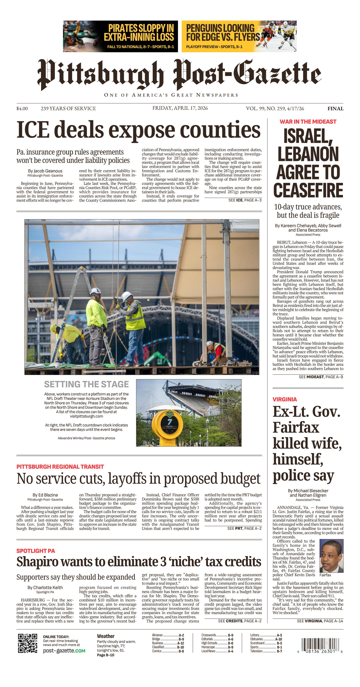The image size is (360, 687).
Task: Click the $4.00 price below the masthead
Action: (22, 109)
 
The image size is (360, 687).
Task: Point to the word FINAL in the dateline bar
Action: (335, 109)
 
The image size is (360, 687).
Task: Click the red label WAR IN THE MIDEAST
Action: (308, 122)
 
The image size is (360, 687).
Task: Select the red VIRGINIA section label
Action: (285, 399)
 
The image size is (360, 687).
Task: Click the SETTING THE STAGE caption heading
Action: (86, 384)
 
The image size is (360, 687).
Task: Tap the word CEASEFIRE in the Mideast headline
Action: (308, 190)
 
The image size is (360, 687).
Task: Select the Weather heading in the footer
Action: (106, 636)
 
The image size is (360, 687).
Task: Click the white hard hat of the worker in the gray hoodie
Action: (127, 296)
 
